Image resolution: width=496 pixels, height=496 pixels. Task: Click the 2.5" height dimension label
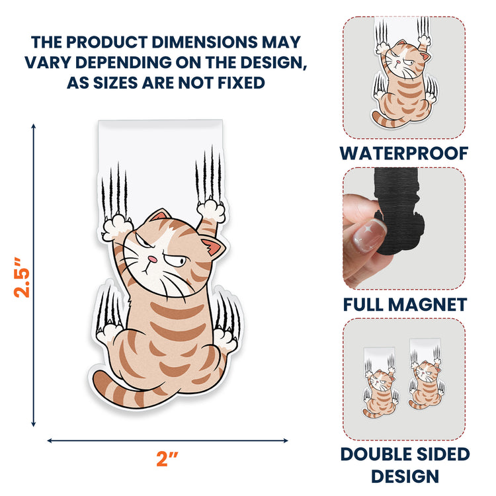22,277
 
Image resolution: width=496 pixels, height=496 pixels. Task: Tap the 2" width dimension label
167,459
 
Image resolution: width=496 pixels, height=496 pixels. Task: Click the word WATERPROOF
404,153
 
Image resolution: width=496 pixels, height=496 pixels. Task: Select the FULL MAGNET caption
405,304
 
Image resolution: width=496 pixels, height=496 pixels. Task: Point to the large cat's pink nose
153,259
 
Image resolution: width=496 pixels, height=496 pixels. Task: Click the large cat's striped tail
126,392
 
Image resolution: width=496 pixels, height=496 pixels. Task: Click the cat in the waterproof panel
403,83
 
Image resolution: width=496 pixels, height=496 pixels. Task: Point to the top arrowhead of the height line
33,126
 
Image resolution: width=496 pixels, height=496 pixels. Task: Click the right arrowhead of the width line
285,440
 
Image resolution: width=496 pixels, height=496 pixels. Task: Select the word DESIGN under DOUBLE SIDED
405,476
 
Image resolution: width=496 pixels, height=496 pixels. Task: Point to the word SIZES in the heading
116,83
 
